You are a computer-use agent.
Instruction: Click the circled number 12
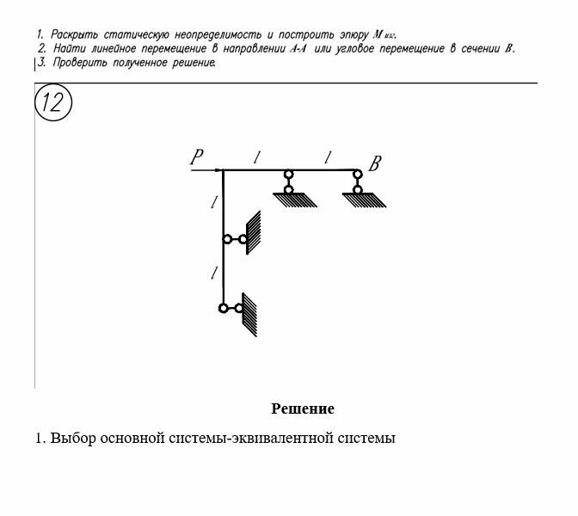(52, 103)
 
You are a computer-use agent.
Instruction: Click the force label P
(197, 157)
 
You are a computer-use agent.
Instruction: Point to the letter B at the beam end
(375, 163)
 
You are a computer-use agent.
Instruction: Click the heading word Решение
(303, 408)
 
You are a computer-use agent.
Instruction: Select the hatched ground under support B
(364, 200)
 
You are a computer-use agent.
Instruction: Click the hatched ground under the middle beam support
(294, 200)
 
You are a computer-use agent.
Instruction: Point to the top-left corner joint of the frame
(224, 171)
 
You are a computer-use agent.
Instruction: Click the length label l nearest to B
(326, 157)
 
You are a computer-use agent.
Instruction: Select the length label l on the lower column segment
(213, 274)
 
